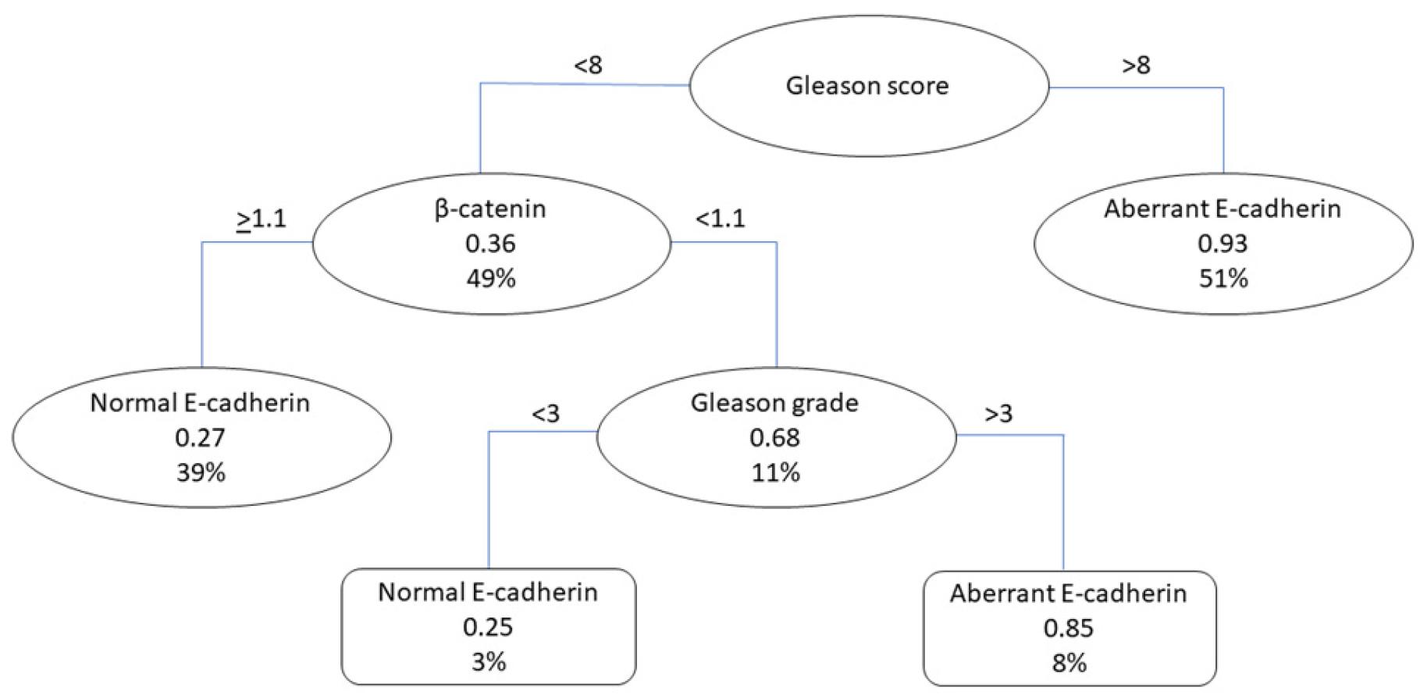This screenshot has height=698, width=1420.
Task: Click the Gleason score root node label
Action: [867, 85]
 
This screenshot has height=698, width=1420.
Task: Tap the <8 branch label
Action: [588, 65]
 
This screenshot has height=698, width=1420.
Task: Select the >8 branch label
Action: [1136, 65]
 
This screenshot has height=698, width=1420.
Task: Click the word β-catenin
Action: [490, 208]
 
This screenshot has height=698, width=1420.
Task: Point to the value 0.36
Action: [490, 244]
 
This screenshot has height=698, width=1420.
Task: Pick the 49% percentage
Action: [491, 278]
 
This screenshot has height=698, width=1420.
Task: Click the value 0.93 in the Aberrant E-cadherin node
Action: [1222, 244]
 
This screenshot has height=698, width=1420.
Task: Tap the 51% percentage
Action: [1223, 278]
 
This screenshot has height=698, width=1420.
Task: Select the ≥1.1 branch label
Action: [262, 219]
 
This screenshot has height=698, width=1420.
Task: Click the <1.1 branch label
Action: [720, 219]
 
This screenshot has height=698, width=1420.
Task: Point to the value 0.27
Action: [200, 437]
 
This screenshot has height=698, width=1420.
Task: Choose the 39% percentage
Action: [201, 472]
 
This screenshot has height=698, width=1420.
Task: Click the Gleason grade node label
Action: [774, 403]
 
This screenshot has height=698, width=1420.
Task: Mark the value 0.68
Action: [774, 437]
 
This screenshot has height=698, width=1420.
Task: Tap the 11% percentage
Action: [775, 472]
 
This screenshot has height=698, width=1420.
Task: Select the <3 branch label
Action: [546, 413]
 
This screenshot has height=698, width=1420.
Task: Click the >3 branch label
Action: [998, 413]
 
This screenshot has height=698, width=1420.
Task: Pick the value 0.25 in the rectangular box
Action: [488, 627]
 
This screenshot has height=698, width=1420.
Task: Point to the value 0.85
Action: [1069, 628]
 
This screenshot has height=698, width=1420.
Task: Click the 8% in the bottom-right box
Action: [1069, 663]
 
